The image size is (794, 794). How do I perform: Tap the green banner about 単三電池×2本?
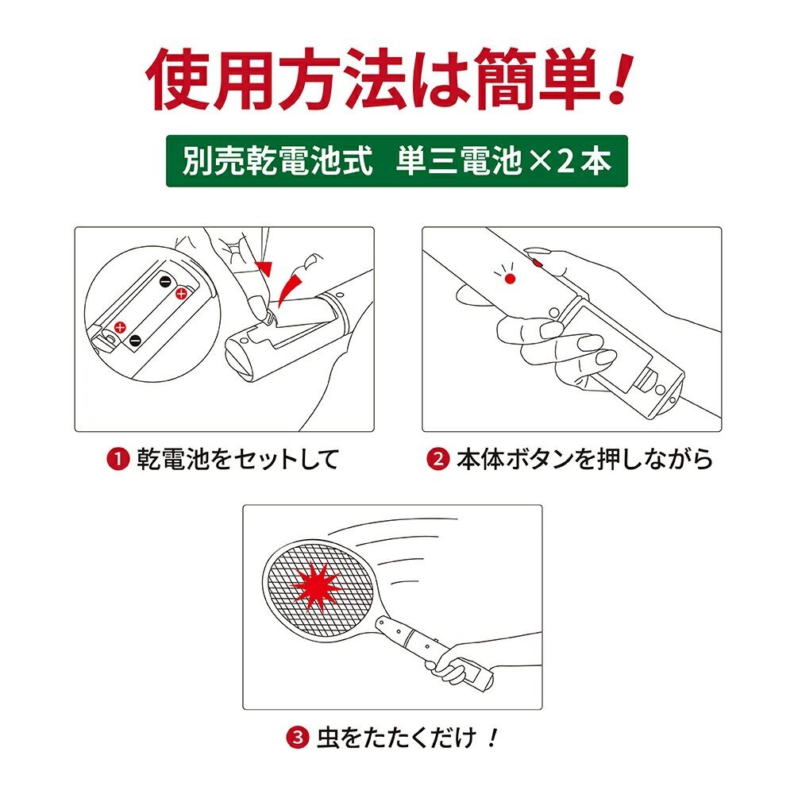[x=397, y=160]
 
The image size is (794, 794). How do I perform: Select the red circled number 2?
[x=438, y=459]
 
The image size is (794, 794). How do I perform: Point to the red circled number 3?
[x=297, y=737]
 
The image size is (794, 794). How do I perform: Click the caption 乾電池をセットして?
[x=237, y=459]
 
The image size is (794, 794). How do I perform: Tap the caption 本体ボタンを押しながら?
[x=584, y=459]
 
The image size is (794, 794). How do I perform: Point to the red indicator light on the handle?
[x=510, y=279]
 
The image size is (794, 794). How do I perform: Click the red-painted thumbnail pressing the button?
[x=536, y=262]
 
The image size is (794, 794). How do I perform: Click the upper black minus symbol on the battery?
[x=166, y=282]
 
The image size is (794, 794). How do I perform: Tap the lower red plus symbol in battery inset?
[x=120, y=327]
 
